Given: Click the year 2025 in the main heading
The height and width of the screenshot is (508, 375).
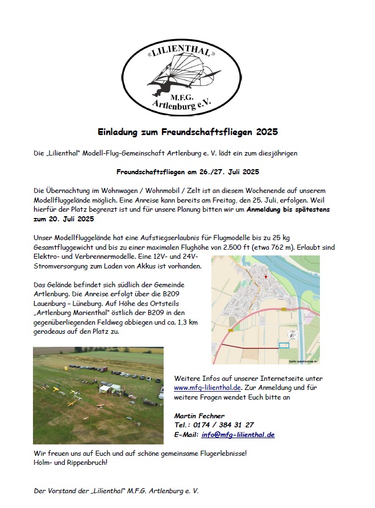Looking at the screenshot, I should tap(266, 132).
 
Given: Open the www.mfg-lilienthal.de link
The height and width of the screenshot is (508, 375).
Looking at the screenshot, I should tap(207, 387).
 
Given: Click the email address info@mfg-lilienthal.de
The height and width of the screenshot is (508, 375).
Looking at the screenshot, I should tap(238, 434).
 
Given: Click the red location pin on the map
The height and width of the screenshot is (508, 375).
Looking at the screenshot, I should tap(265, 277).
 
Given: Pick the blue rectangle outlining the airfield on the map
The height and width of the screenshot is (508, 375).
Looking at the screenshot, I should tap(284, 345).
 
